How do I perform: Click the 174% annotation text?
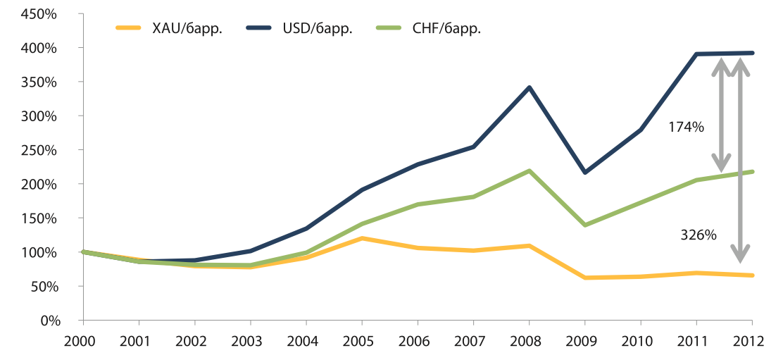(686, 128)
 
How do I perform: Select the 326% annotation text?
(698, 235)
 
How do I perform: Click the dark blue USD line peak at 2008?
(529, 87)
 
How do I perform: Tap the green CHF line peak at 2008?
(529, 170)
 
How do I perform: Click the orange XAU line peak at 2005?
(362, 238)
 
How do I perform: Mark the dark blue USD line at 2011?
(696, 54)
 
